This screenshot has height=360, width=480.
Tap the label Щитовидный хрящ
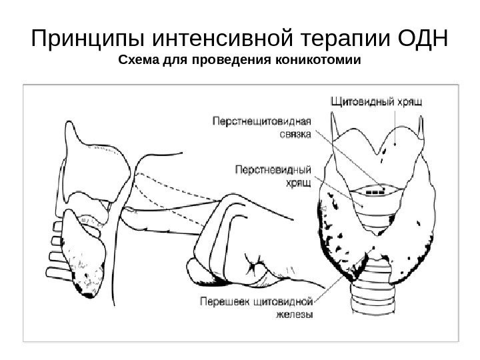[x=378, y=102]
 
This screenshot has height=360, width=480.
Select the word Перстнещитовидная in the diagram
[x=262, y=121]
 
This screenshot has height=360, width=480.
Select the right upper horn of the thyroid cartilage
[x=421, y=124]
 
